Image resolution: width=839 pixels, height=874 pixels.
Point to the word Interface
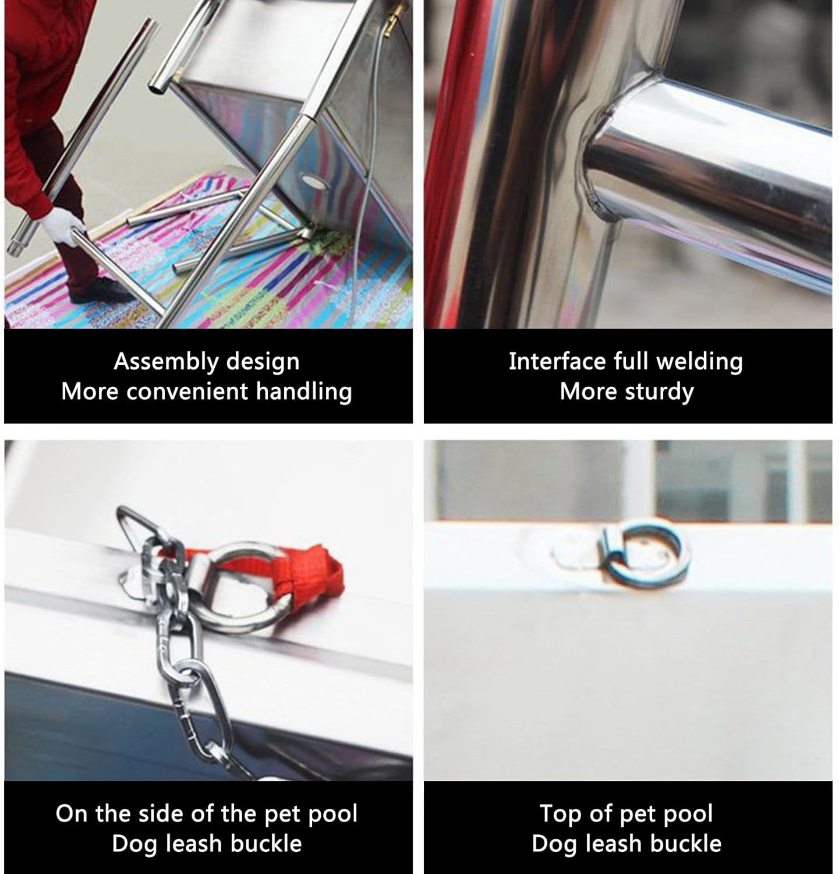[557, 362]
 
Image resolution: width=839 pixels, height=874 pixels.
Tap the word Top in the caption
[561, 814]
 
